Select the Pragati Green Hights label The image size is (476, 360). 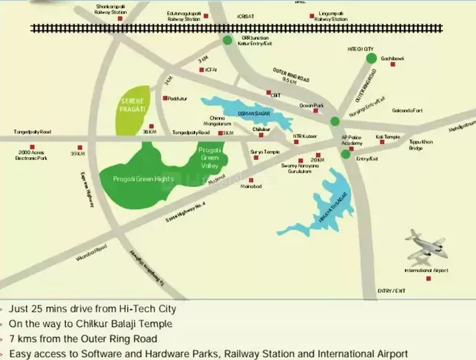click(137, 178)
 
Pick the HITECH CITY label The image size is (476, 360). click(360, 47)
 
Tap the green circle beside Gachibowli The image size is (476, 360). click(371, 58)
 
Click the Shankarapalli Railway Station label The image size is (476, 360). click(111, 8)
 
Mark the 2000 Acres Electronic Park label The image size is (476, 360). click(31, 156)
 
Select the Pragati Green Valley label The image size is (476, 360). click(209, 157)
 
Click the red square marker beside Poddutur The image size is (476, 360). click(165, 98)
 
